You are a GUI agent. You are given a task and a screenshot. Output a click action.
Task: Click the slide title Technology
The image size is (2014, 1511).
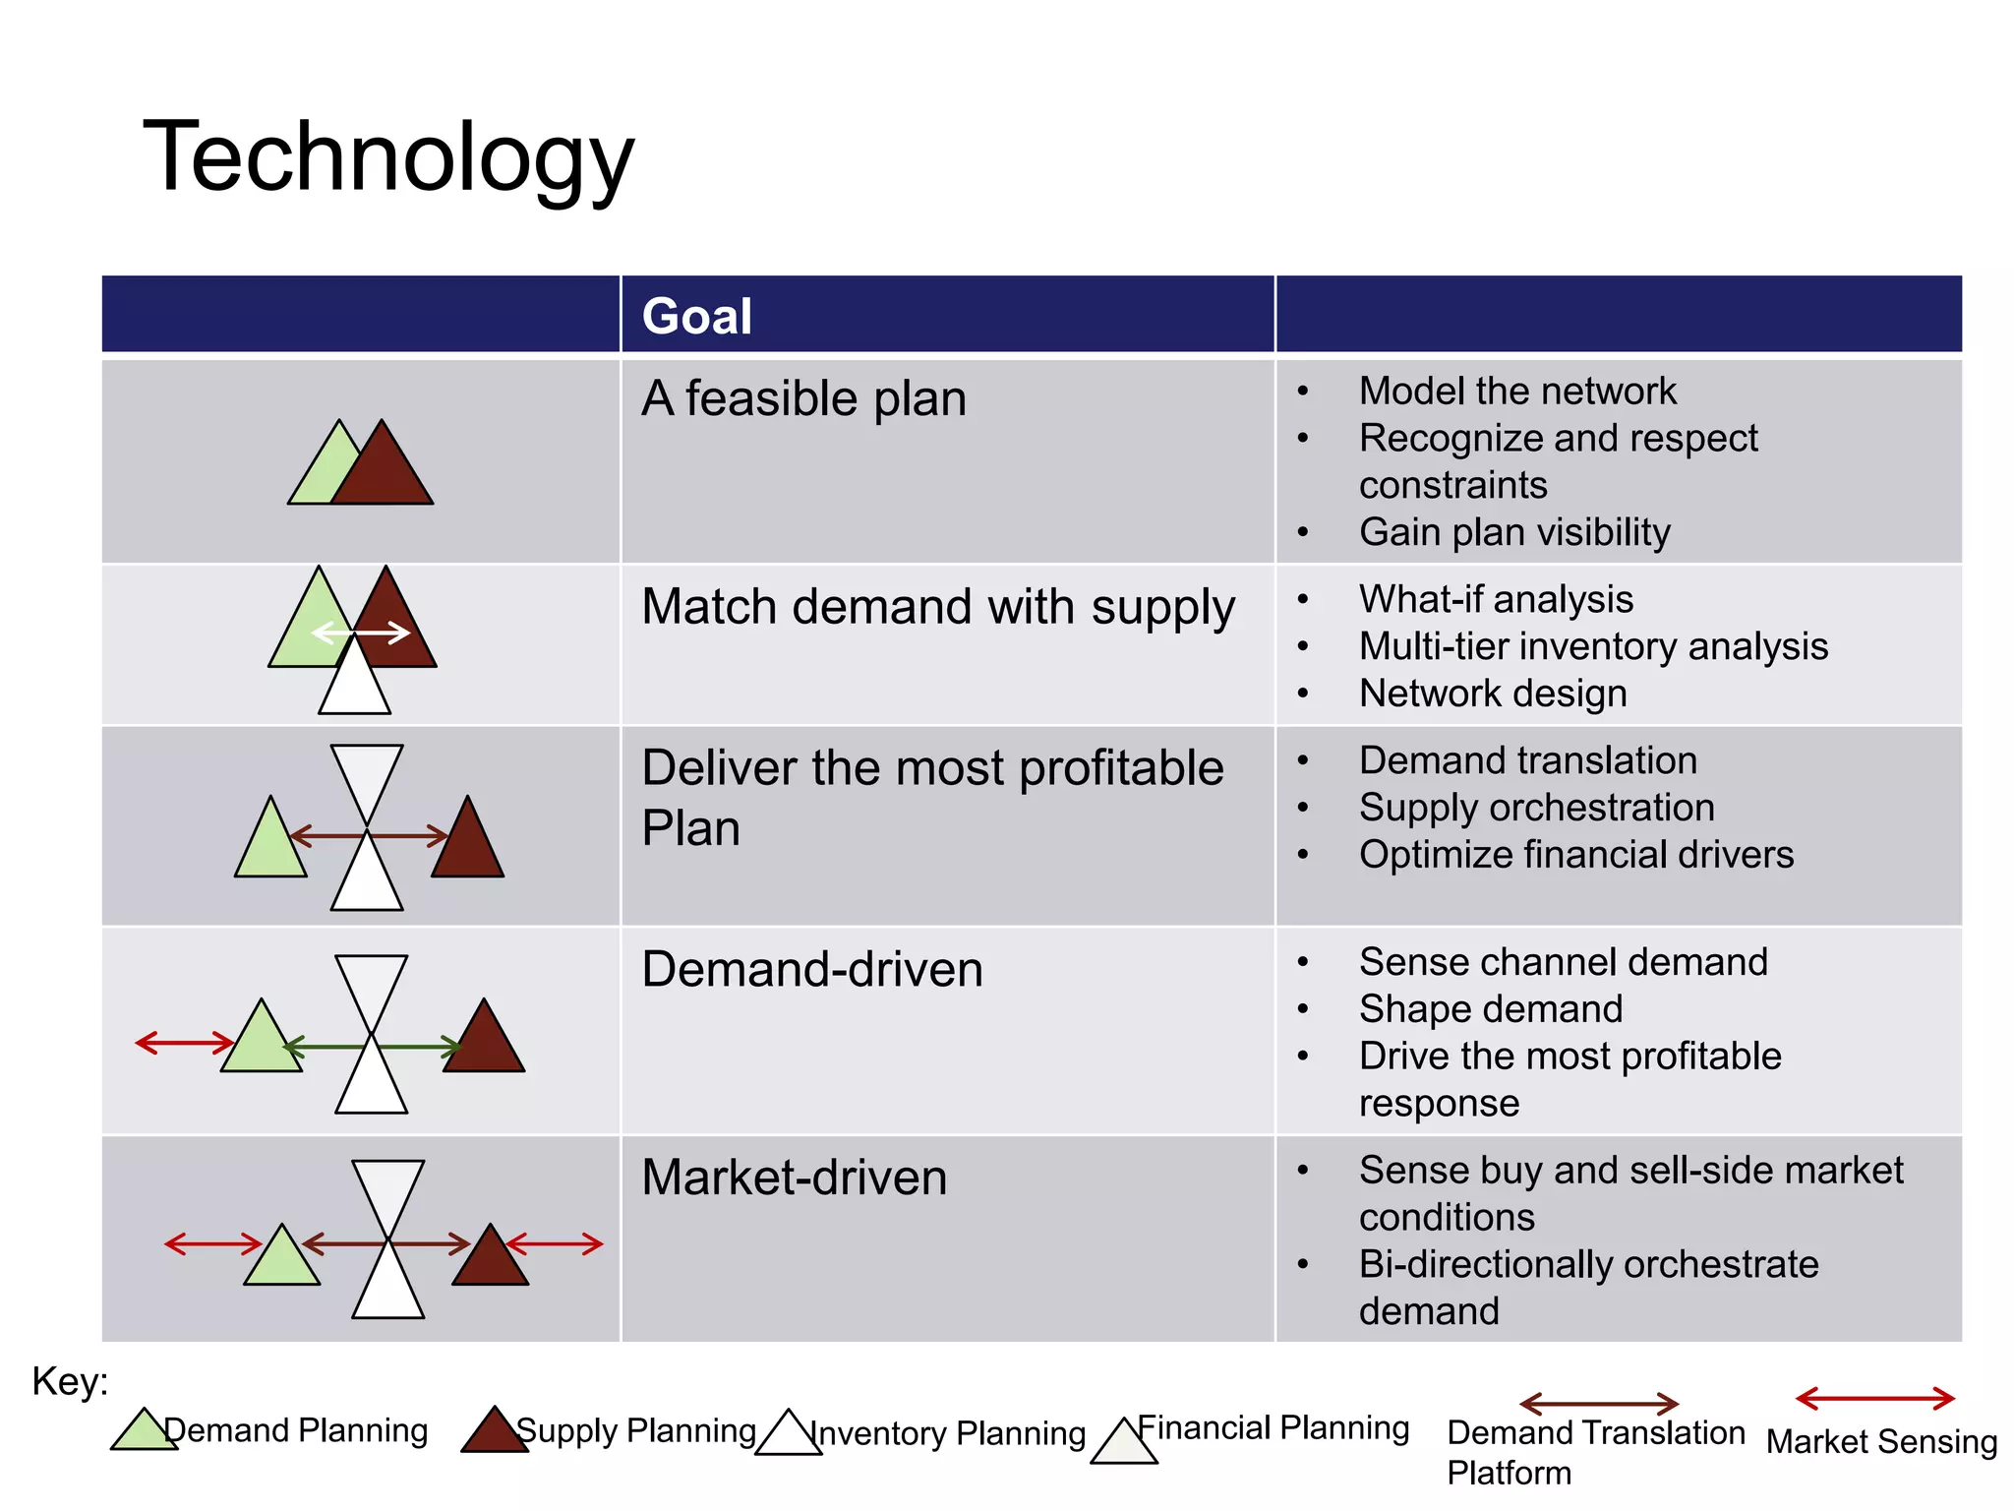388,157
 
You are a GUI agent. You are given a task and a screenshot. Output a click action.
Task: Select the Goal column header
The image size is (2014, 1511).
696,316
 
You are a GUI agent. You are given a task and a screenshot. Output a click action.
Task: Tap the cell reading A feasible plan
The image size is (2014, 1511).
803,398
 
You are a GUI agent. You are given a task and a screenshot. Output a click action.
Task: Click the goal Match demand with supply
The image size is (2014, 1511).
937,607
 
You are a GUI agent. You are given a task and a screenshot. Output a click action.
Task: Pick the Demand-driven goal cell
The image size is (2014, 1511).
811,969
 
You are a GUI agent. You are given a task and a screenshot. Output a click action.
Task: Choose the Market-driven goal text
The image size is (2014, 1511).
794,1178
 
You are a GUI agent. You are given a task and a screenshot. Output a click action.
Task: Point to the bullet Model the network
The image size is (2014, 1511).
1516,392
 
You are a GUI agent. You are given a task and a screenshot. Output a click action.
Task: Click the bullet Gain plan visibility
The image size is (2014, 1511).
1513,532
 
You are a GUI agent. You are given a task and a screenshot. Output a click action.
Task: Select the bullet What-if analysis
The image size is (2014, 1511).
1495,599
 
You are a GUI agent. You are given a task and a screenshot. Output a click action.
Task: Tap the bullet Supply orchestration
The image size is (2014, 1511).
1536,808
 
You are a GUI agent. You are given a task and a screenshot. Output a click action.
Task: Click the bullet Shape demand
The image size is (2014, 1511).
1490,1009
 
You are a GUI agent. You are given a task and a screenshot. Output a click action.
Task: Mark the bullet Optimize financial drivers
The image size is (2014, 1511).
1575,855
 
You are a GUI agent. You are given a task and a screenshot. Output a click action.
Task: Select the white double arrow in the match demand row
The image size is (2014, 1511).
361,633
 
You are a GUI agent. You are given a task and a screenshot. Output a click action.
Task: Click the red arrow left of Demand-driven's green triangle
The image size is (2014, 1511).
184,1043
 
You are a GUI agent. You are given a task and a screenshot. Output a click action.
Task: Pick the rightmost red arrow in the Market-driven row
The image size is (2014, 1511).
555,1243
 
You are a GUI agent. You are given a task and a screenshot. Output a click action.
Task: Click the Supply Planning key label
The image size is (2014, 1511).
635,1430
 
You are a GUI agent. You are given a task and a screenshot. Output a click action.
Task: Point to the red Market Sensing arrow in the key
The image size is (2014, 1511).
1874,1398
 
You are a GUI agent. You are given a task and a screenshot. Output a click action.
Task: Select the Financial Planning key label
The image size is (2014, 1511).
1273,1427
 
